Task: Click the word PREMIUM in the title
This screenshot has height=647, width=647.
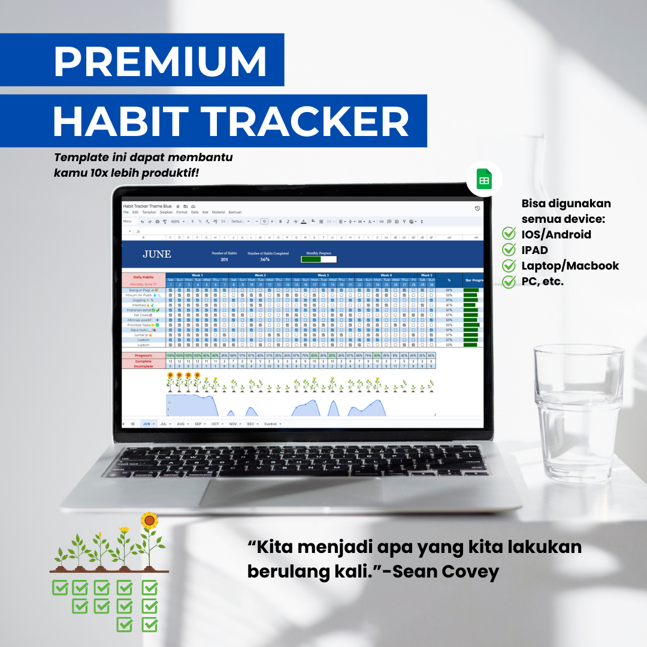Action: pyautogui.click(x=161, y=60)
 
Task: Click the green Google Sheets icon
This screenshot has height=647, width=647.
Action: pyautogui.click(x=484, y=180)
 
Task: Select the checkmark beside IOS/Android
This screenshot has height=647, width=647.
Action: pyautogui.click(x=509, y=234)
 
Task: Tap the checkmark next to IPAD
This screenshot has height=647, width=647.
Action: pyautogui.click(x=509, y=250)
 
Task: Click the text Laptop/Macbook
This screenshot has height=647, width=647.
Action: pyautogui.click(x=570, y=265)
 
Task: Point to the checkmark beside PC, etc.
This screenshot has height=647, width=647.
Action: pyautogui.click(x=509, y=281)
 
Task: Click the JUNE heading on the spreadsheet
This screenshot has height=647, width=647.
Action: pyautogui.click(x=157, y=255)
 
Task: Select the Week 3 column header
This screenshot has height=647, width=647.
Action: pyautogui.click(x=322, y=276)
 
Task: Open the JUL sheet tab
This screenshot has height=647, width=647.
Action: pyautogui.click(x=164, y=424)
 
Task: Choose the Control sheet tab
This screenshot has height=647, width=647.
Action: pyautogui.click(x=270, y=424)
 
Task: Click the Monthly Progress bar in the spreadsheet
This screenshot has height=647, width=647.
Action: pyautogui.click(x=318, y=259)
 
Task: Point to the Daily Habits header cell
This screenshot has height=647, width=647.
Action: pyautogui.click(x=143, y=277)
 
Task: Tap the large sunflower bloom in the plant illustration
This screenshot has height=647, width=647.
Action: pyautogui.click(x=150, y=520)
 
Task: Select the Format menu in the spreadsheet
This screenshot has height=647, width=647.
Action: pyautogui.click(x=182, y=212)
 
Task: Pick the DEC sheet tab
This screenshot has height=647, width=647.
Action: pyautogui.click(x=251, y=424)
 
